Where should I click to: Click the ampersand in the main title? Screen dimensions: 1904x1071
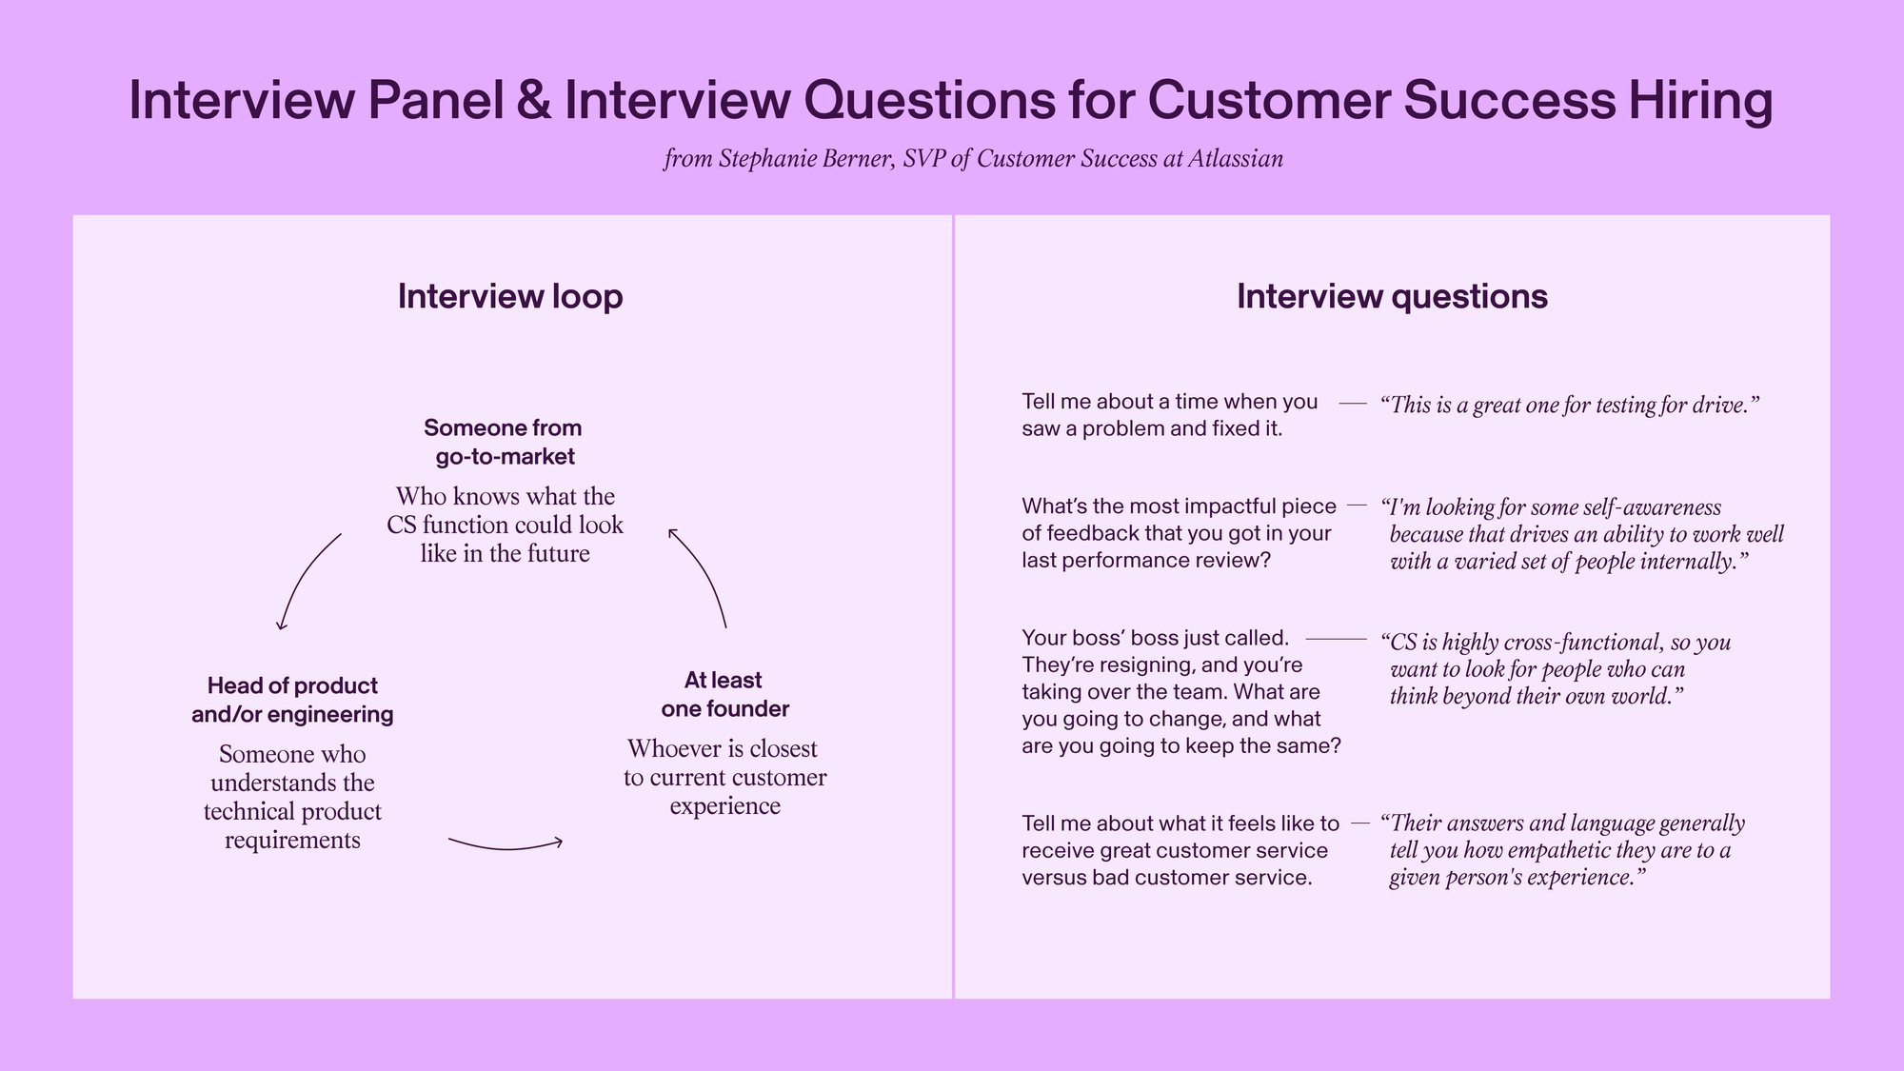point(534,100)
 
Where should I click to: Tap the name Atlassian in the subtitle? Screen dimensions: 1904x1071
point(1235,158)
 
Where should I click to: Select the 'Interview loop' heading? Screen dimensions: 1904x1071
point(510,296)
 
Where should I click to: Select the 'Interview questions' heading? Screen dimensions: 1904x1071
point(1392,296)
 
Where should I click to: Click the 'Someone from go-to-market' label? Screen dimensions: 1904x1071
point(504,442)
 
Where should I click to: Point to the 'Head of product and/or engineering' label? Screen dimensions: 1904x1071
point(292,700)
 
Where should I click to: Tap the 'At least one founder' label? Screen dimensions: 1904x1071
point(724,694)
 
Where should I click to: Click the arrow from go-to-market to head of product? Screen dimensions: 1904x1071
point(301,573)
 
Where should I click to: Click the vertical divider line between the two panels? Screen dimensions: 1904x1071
point(953,606)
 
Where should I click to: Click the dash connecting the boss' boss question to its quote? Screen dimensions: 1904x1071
point(1336,638)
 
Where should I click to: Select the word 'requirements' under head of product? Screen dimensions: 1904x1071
point(292,841)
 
